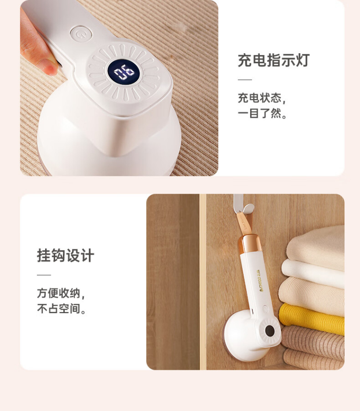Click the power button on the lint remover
click(81, 35)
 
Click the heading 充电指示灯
click(274, 60)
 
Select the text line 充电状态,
click(262, 98)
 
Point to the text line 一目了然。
click(262, 114)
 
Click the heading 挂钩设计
click(65, 256)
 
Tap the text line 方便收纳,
click(61, 293)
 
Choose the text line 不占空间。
click(61, 308)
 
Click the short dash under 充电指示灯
click(245, 80)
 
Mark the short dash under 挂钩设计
click(44, 275)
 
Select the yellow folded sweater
click(312, 318)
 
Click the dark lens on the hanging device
click(269, 330)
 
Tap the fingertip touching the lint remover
click(49, 67)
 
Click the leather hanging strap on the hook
click(244, 223)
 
